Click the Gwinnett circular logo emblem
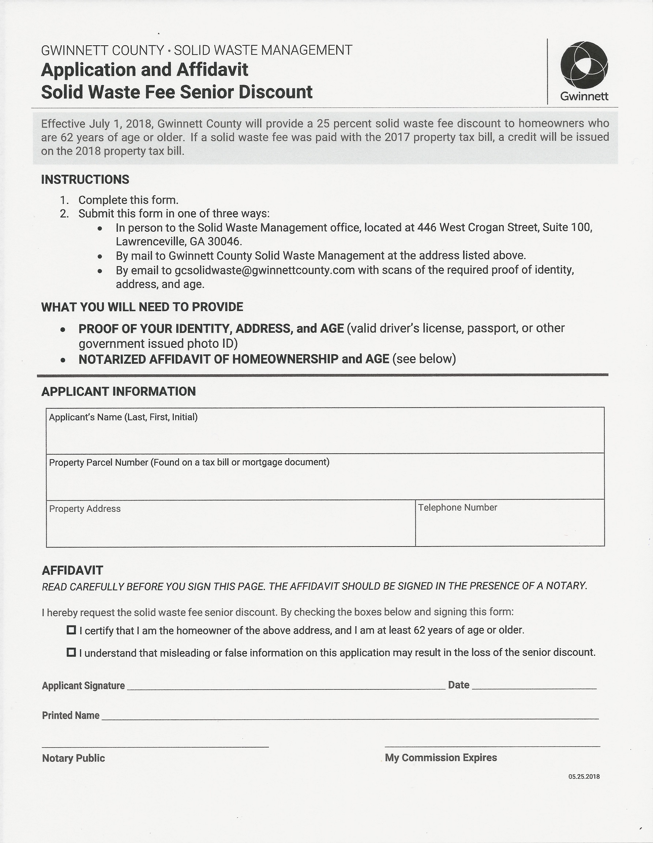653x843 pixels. [x=584, y=64]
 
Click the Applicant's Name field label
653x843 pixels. [x=123, y=417]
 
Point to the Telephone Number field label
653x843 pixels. [x=457, y=507]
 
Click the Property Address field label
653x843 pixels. [x=85, y=509]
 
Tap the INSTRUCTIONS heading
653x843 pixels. [x=85, y=179]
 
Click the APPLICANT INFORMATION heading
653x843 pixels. [x=118, y=392]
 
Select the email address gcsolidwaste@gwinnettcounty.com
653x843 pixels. [x=264, y=270]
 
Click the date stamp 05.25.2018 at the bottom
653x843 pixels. [x=584, y=776]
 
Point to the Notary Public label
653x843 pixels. [x=74, y=758]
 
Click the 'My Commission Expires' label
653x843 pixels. [x=440, y=758]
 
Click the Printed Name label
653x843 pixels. [x=71, y=715]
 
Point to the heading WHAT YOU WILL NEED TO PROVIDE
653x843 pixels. [x=142, y=307]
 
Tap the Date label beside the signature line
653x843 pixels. [x=458, y=685]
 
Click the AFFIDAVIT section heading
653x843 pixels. [x=72, y=570]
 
